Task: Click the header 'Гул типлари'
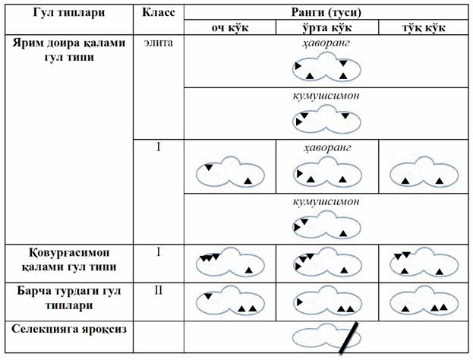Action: pos(69,13)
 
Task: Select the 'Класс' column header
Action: pos(159,12)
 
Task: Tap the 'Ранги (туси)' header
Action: pos(326,12)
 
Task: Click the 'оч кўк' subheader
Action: pos(230,28)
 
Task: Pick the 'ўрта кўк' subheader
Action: pos(327,28)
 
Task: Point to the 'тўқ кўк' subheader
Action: pos(424,28)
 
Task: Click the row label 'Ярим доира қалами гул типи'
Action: pos(69,50)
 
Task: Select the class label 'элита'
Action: pos(159,43)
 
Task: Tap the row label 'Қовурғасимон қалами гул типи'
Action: pos(69,260)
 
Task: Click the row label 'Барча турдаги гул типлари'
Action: pos(69,298)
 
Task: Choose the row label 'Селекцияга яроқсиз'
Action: pos(69,329)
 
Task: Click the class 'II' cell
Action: pos(159,290)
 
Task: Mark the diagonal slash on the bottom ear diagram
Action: pos(348,338)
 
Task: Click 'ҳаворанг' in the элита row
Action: pos(326,43)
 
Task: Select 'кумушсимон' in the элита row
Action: pos(326,96)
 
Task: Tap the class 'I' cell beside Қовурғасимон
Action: pos(159,251)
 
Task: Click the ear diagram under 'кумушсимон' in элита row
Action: pos(326,119)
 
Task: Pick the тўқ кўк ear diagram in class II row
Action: pos(424,301)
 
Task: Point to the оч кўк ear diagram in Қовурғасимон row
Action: pos(230,263)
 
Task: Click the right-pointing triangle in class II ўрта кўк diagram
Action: pos(300,302)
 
